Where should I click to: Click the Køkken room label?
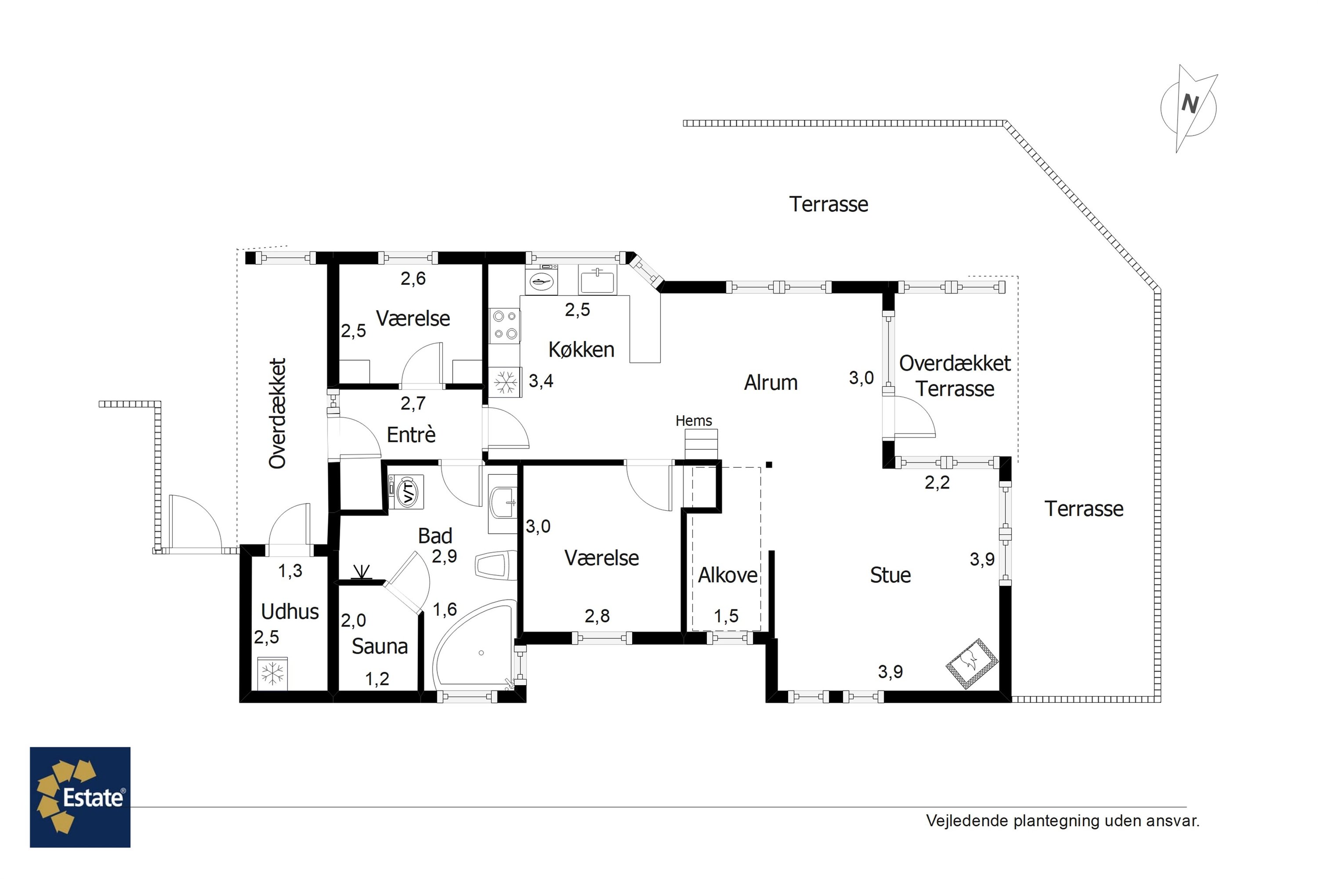(x=581, y=350)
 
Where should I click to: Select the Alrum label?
(x=771, y=382)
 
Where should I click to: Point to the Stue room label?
(x=890, y=575)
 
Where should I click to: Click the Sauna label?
(x=380, y=647)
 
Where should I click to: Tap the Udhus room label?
(x=290, y=612)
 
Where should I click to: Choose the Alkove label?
(x=728, y=575)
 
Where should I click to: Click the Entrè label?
(x=411, y=435)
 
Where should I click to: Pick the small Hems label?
(x=694, y=421)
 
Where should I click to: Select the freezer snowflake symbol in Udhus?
(x=272, y=673)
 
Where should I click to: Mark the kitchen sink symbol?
(x=597, y=279)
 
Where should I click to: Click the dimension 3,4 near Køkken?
(x=541, y=381)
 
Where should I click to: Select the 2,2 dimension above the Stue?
(x=937, y=483)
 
